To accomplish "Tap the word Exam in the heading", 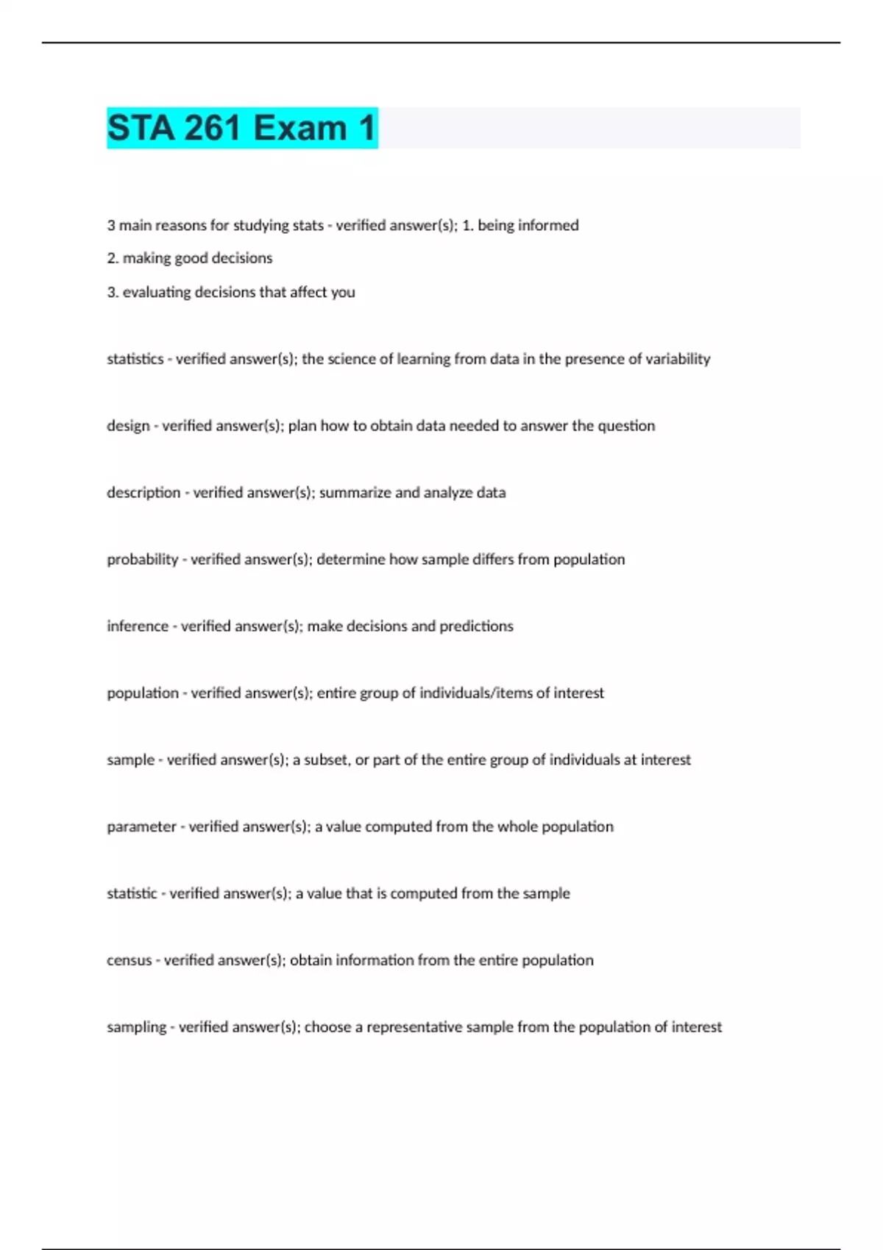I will [x=300, y=128].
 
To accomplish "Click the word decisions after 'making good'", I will [x=242, y=258].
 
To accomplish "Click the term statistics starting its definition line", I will [x=135, y=359].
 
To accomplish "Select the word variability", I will [x=678, y=359].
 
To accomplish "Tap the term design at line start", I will [x=128, y=426].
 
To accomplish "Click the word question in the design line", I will [x=626, y=426].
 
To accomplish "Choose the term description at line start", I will [x=143, y=493].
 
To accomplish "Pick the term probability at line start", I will [x=142, y=560].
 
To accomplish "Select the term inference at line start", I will [x=138, y=626].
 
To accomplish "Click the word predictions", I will [x=476, y=626].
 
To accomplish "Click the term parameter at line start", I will [x=141, y=826].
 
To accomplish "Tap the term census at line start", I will [x=129, y=960].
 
